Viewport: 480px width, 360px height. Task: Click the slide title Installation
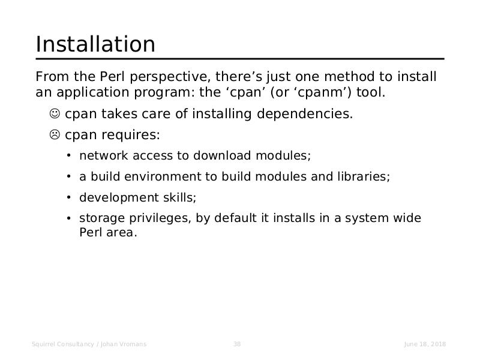(95, 44)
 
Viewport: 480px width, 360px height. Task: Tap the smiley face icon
(55, 113)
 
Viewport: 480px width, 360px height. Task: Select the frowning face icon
(55, 134)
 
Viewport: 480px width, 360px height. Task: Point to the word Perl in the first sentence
(112, 77)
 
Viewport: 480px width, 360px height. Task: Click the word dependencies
(305, 114)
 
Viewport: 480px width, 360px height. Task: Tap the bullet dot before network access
(68, 156)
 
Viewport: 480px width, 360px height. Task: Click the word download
(222, 155)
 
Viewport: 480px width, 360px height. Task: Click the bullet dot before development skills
(68, 198)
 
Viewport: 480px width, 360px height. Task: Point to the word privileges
(160, 218)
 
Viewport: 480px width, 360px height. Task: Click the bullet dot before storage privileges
(68, 218)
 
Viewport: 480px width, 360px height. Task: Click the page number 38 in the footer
(237, 344)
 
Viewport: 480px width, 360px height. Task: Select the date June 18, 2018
(425, 344)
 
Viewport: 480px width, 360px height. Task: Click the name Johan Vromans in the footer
(124, 344)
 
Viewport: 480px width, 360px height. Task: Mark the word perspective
(170, 77)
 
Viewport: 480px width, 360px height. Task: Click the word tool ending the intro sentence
(371, 92)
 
